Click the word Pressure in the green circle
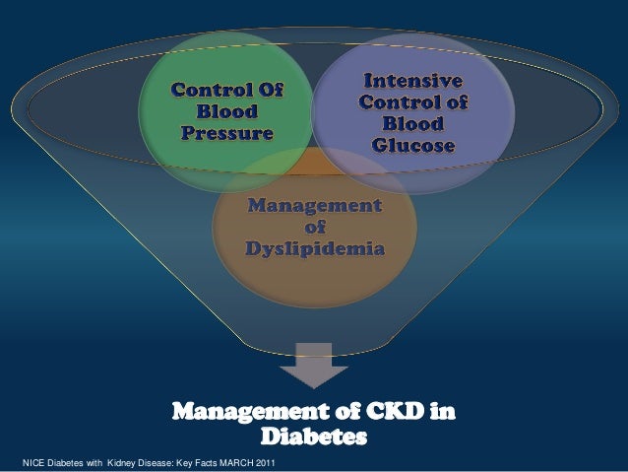(225, 131)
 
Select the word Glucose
(413, 147)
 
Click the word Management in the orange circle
(315, 207)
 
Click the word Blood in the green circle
(225, 111)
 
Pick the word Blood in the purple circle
(413, 124)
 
